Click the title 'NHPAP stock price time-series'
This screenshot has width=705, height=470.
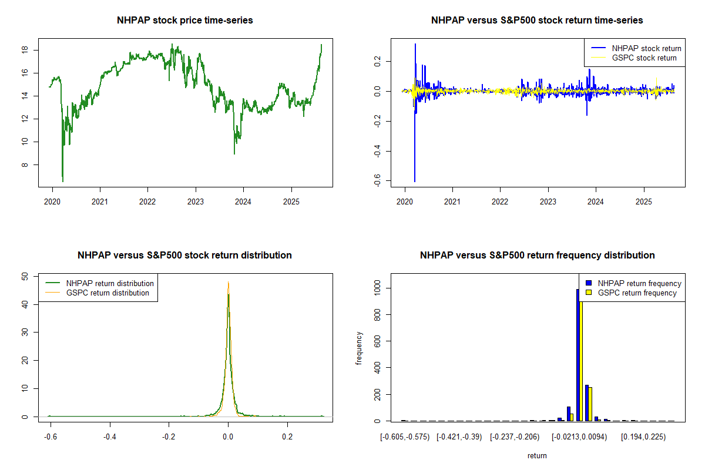coord(184,21)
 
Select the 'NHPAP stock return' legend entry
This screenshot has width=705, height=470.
coord(646,48)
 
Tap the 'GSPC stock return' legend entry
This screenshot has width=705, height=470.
coord(644,58)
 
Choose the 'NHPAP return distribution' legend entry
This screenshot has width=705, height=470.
coord(110,283)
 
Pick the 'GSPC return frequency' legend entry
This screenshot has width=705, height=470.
coord(637,293)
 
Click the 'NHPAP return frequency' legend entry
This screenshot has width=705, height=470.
coord(639,283)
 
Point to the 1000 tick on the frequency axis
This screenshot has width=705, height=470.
coord(377,288)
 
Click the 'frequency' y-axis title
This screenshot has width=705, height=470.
coord(360,348)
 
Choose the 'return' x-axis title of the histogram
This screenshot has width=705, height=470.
coord(537,455)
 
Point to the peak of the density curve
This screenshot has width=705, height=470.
coord(228,283)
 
